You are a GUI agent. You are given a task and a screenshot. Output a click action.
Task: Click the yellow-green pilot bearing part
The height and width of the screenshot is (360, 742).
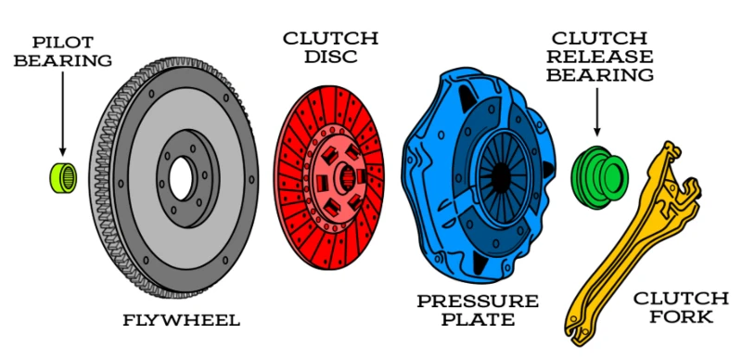tap(63, 177)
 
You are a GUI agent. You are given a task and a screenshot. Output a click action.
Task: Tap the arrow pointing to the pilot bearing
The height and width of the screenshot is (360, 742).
tap(62, 114)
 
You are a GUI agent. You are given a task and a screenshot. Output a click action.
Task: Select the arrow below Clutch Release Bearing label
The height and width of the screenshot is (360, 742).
tap(596, 112)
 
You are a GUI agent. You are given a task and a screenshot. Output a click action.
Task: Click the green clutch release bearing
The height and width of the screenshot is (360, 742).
tap(598, 177)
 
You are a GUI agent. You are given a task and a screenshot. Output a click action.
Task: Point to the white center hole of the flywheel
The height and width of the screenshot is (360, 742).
tap(181, 178)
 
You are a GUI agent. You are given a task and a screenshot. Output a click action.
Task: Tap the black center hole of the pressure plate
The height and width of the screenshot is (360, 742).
tap(499, 177)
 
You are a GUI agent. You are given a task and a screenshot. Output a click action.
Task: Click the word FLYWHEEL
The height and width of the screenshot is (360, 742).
tap(182, 320)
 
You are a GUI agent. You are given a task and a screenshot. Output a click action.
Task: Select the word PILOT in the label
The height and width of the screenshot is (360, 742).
tap(62, 42)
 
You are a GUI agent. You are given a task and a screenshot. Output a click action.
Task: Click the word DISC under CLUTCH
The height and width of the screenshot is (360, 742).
tap(330, 57)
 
